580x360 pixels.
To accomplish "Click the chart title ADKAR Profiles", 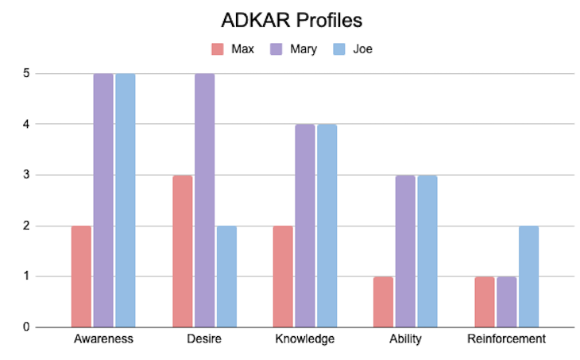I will pos(289,19).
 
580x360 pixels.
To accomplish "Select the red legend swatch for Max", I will pos(217,49).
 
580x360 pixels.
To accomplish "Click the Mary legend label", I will pos(304,49).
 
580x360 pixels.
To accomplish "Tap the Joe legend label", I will pos(363,49).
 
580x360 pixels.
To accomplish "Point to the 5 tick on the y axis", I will pos(27,73).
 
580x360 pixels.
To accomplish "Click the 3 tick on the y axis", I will pos(27,175).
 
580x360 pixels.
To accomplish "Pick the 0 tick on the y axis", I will pos(27,327).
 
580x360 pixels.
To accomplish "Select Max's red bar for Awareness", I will pos(81,276).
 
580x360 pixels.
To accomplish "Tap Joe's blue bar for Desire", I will pos(226,276).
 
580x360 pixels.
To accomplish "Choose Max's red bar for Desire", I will pos(183,251).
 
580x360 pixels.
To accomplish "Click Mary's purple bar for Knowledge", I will pos(305,226).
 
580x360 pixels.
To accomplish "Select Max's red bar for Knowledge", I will pos(284,276).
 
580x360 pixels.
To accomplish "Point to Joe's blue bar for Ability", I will pos(427,251).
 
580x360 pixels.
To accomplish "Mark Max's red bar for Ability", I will pos(384,301).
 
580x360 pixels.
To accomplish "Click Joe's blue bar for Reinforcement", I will pos(528,276).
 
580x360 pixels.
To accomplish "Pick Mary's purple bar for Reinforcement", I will pos(506,301).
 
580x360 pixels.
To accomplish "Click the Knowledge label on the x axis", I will pos(305,339).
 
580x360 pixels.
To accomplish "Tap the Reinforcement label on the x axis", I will pos(506,339).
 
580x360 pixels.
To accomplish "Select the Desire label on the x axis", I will pos(204,339).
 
